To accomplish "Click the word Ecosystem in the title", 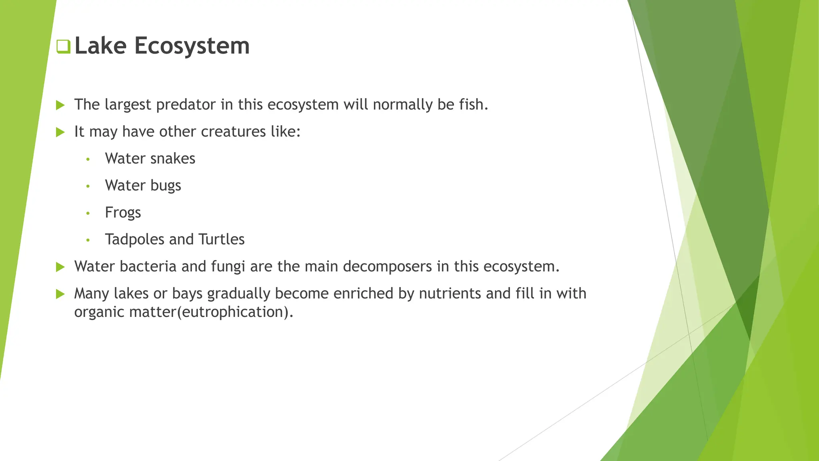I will tap(192, 46).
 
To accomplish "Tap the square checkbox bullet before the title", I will tap(63, 46).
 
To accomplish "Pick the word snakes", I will tap(173, 158).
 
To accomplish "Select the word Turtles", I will tap(222, 239).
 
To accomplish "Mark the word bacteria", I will tap(148, 267).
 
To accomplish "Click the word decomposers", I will tap(387, 267).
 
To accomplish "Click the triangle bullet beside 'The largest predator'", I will tap(60, 105).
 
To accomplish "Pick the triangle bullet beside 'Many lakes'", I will tap(60, 294).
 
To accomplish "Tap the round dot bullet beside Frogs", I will tap(88, 213).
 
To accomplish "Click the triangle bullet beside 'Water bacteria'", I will tap(60, 267).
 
